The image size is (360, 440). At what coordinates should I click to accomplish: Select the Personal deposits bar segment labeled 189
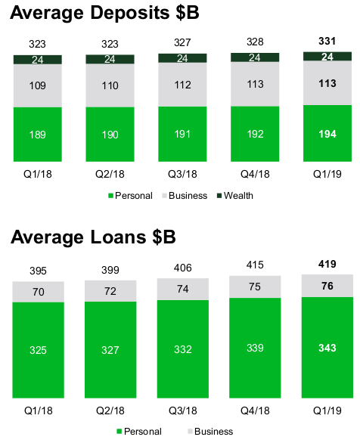(x=38, y=135)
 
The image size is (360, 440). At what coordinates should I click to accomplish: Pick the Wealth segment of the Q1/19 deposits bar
(x=327, y=56)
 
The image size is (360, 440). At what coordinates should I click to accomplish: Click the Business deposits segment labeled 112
(x=182, y=85)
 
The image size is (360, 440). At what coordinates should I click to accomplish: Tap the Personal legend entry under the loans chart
(x=141, y=431)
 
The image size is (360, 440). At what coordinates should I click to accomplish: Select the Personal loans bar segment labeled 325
(x=38, y=351)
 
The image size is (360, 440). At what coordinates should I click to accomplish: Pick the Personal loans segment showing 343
(x=327, y=347)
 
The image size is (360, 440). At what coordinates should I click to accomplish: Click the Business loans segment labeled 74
(x=182, y=289)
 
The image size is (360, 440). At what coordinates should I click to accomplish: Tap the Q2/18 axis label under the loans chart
(x=110, y=411)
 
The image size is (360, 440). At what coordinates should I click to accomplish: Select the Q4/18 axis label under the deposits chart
(x=255, y=173)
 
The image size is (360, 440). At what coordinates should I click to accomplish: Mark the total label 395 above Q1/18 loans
(x=38, y=271)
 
